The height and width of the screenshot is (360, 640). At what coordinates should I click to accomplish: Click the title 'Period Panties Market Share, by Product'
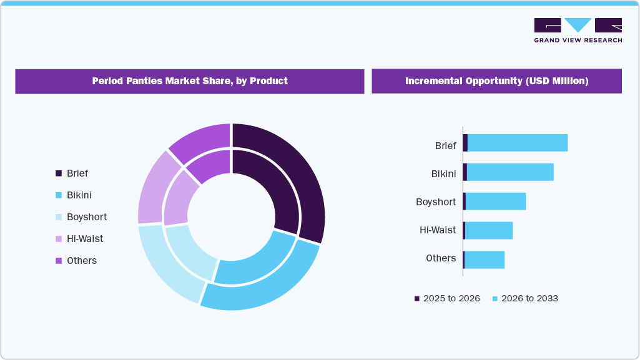190,81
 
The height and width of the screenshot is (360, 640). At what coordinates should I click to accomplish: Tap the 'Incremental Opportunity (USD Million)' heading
496,81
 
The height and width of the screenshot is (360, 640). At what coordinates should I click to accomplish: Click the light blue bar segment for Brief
517,143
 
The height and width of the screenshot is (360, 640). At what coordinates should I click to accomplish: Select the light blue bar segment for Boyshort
496,202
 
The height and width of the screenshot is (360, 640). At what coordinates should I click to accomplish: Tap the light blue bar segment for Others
485,260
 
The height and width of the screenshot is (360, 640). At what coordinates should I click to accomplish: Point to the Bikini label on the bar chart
443,173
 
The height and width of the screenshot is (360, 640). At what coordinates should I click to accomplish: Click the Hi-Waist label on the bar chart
438,230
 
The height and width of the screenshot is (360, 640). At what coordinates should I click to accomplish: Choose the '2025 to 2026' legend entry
447,299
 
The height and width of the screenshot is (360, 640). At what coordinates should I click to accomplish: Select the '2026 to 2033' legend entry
525,299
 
